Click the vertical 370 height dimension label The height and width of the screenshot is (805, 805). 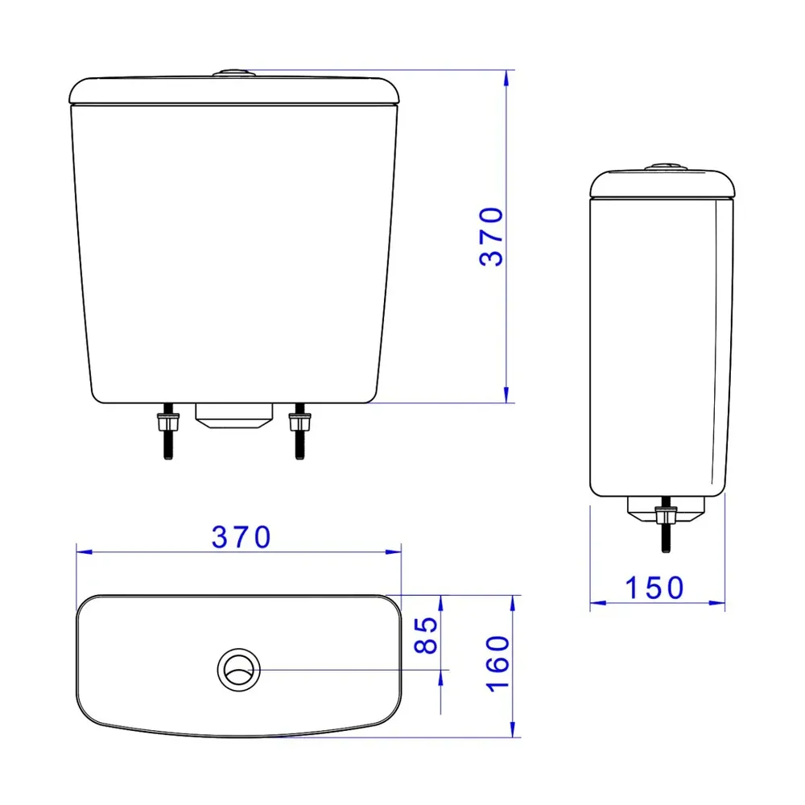(x=491, y=237)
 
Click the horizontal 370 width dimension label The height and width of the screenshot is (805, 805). (x=242, y=538)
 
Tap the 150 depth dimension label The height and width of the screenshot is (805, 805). (x=654, y=588)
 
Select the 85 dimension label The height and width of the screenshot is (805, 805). (x=426, y=635)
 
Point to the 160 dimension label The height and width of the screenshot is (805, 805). (x=498, y=664)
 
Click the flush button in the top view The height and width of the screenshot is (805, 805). (x=239, y=670)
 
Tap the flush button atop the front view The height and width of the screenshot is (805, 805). (x=234, y=73)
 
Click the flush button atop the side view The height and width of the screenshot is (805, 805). (x=666, y=167)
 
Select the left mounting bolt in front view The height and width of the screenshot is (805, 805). (x=168, y=431)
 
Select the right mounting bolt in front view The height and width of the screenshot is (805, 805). (x=299, y=431)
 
